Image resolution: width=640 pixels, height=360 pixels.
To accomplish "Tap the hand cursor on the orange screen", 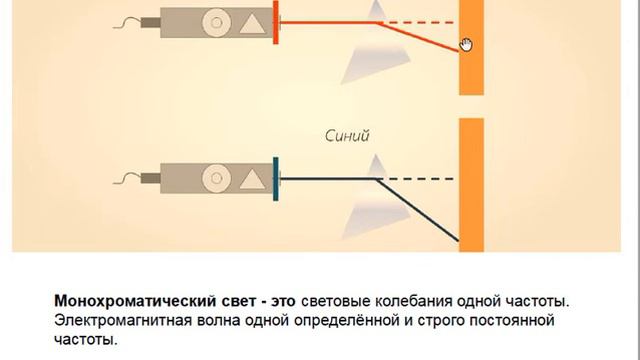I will tap(466, 43).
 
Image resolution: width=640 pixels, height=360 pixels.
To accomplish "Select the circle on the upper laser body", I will tap(213, 20).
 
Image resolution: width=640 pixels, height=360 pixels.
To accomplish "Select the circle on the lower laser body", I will tap(213, 179).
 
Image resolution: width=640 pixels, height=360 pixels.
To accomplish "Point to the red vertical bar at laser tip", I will tap(276, 21).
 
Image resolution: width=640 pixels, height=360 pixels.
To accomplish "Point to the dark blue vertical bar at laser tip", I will tap(276, 179).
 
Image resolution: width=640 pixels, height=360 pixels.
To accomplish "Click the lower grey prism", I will tap(370, 195).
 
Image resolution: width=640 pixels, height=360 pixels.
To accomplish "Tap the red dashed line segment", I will tap(420, 21).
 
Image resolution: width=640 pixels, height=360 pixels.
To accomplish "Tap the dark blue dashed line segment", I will tap(420, 179).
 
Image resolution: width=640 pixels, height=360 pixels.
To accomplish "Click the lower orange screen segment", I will tap(471, 185).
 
